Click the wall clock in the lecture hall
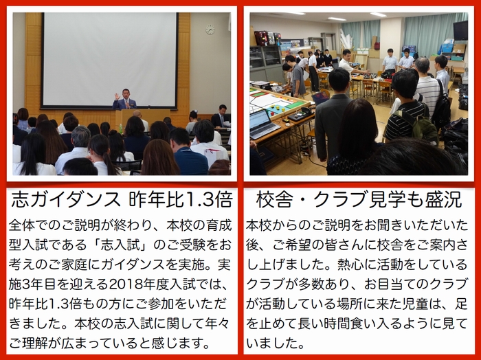(x=210, y=30)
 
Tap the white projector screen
(x=110, y=59)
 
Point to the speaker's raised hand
(x=117, y=96)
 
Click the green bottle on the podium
(x=120, y=126)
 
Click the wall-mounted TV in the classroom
(x=460, y=30)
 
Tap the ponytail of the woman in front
(x=109, y=159)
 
